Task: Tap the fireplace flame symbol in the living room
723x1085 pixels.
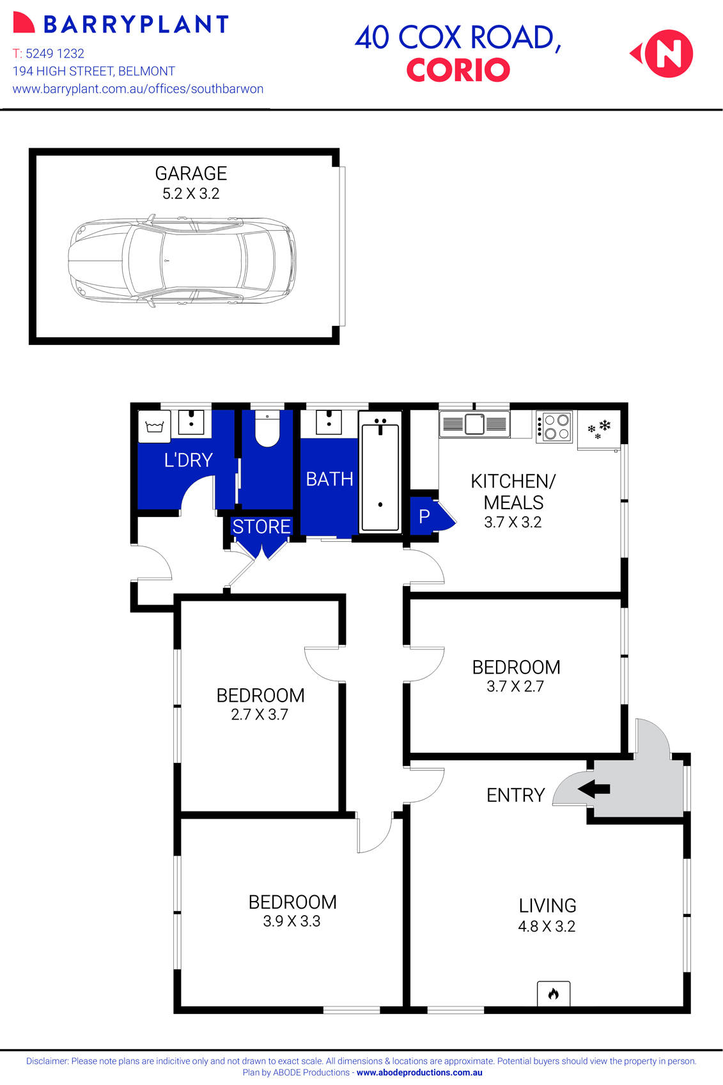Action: (554, 994)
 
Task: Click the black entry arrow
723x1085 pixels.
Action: (595, 789)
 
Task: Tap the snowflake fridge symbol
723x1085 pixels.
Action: (600, 429)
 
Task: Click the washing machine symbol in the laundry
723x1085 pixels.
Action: (155, 426)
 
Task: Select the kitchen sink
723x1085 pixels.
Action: (474, 424)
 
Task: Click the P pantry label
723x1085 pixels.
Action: (424, 516)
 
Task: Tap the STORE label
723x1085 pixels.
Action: (261, 527)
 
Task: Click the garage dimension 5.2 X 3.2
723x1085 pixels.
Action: (190, 194)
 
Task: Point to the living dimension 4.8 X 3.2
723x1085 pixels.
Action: (547, 927)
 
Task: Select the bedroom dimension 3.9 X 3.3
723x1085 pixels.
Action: (292, 921)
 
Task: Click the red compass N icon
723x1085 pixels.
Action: (667, 53)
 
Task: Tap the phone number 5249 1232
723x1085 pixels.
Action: (55, 54)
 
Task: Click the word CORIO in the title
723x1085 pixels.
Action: (458, 70)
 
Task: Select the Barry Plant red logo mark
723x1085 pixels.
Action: (23, 23)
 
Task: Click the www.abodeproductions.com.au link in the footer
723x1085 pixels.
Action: (419, 1073)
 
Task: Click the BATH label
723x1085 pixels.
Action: (329, 479)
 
